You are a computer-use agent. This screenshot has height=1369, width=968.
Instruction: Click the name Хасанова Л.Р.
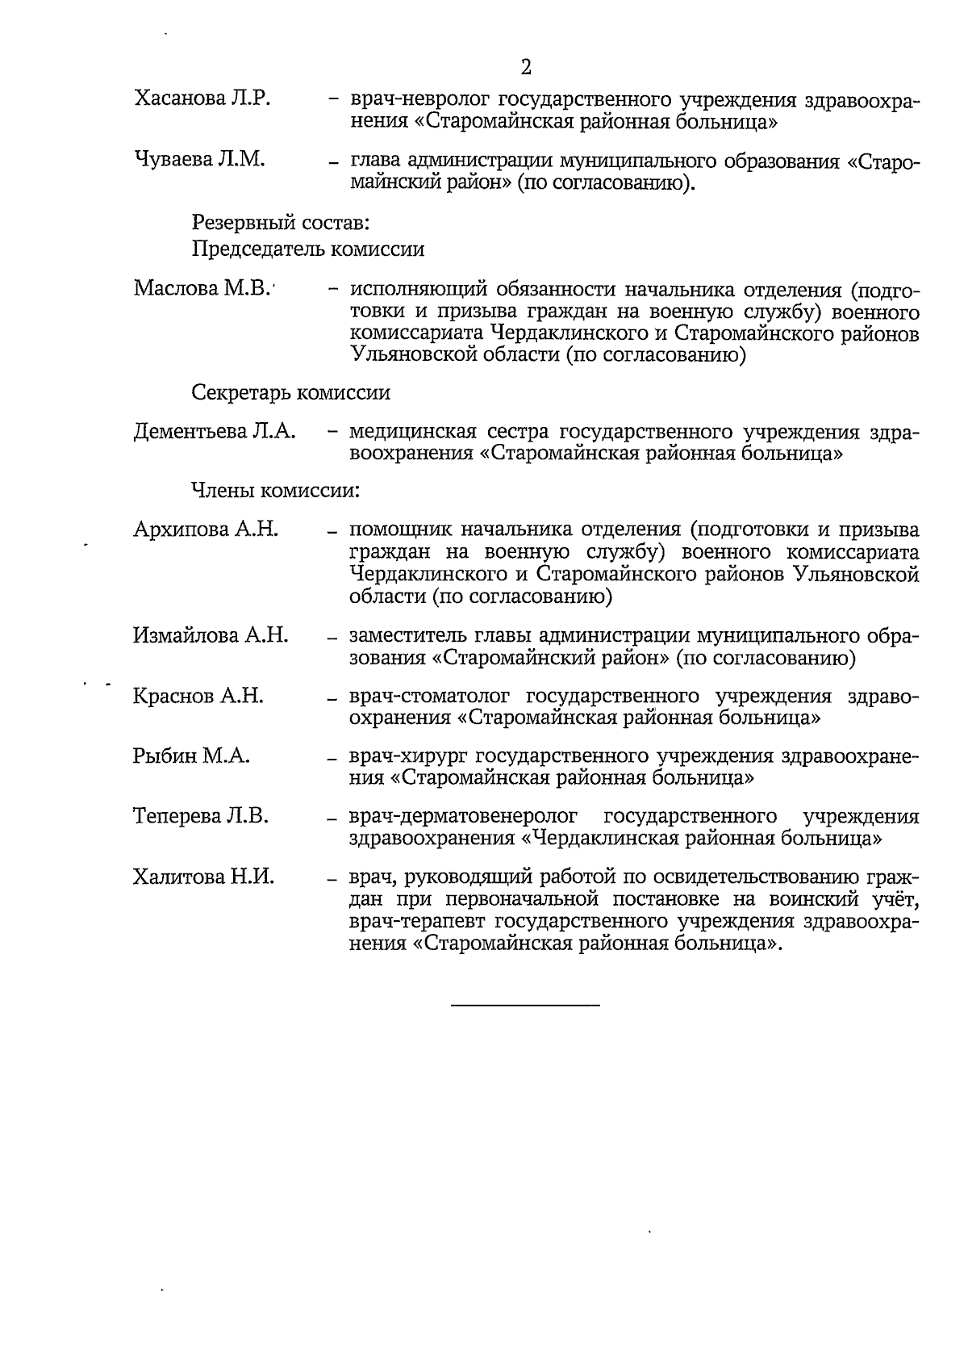tap(202, 99)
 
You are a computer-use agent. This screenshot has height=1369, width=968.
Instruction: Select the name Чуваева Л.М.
tap(199, 160)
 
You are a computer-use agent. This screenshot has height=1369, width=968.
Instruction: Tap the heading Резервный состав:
tap(281, 220)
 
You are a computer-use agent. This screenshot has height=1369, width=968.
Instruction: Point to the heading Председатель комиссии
tap(308, 249)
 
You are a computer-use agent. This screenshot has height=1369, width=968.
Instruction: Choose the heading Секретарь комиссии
tap(291, 393)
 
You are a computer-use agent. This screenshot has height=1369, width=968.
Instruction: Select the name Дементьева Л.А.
tap(215, 432)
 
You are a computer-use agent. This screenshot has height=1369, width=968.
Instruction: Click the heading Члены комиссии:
tap(275, 490)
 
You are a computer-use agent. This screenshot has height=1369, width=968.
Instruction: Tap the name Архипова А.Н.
tap(206, 530)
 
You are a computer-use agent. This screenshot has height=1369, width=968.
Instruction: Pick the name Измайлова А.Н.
tap(211, 636)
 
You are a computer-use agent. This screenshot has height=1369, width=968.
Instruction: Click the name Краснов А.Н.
tap(198, 696)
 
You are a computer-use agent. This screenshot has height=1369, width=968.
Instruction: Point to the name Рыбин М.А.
tap(191, 756)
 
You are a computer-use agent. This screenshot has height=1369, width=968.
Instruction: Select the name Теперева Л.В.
tap(201, 816)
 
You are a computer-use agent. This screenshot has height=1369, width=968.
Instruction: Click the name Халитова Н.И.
tap(203, 877)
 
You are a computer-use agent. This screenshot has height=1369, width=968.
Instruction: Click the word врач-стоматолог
tap(431, 697)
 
